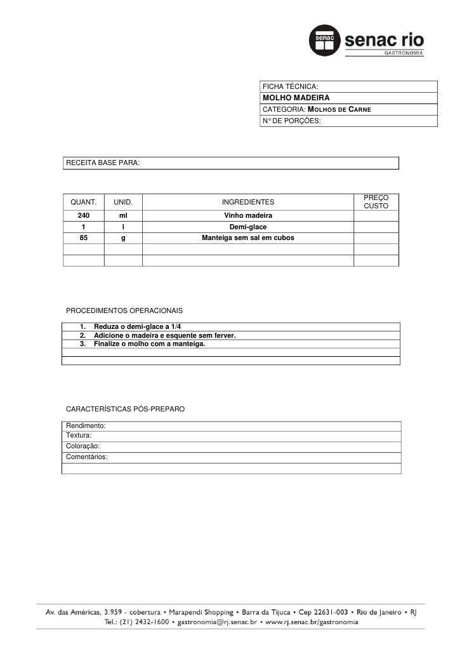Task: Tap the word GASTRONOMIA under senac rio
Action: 402,53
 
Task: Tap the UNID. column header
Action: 123,203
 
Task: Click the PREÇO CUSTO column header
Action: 376,203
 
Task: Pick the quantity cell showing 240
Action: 83,217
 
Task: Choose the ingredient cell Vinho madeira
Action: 247,217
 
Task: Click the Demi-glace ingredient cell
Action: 247,227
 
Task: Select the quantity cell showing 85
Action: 83,238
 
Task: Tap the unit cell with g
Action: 123,238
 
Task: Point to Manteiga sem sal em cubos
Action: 247,238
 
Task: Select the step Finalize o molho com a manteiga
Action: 149,344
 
